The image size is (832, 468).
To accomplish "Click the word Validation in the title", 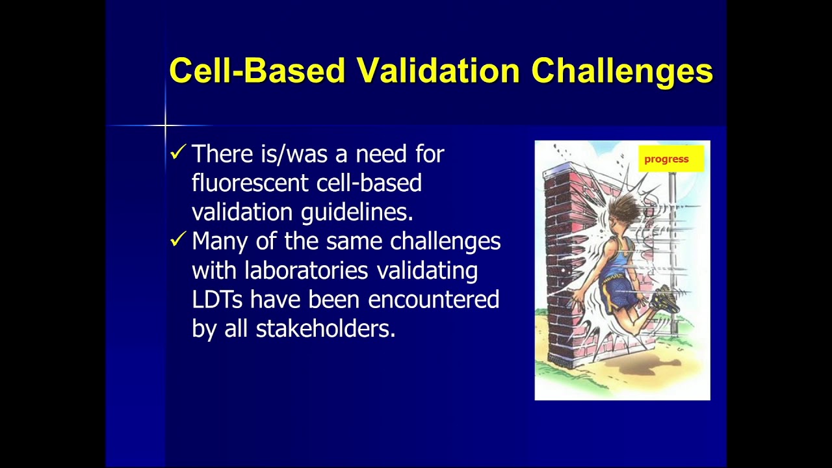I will click(438, 70).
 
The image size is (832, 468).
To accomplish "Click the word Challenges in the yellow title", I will click(622, 70).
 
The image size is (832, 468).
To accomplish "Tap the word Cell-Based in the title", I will click(257, 70).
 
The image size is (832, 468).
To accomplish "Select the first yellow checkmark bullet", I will click(177, 153).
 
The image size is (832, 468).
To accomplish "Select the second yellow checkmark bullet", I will click(177, 240).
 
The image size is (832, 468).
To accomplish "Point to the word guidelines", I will click(357, 212).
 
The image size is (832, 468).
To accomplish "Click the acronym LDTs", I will click(217, 299).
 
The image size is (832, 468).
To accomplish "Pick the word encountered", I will click(434, 299).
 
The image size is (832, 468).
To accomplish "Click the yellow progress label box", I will click(670, 159).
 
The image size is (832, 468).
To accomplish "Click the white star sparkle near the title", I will click(165, 125).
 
